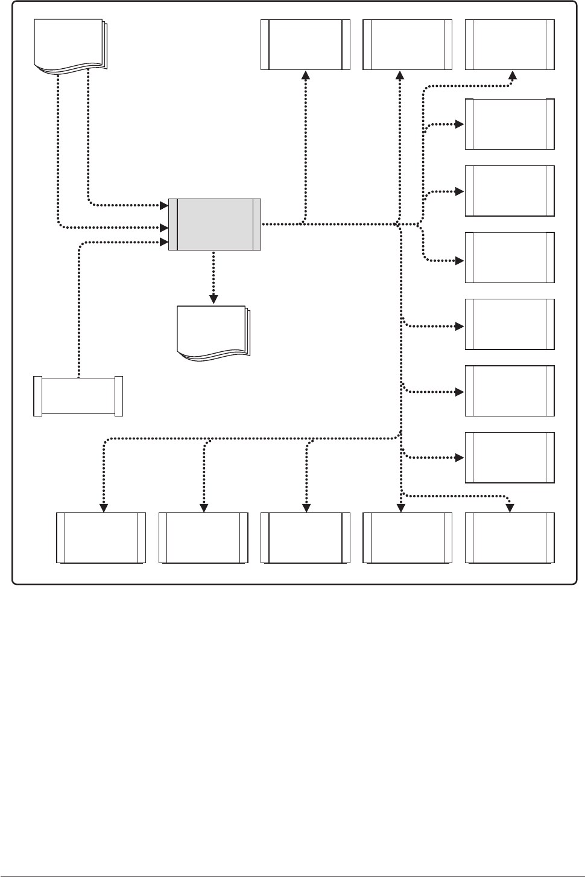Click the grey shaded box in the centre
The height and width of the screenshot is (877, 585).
(215, 224)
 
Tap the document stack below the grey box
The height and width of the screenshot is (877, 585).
(212, 333)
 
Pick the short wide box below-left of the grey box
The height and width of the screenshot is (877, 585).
(78, 396)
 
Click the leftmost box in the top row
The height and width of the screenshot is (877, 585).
(305, 45)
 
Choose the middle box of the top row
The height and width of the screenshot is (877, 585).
(407, 45)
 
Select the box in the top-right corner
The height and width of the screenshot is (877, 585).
(510, 45)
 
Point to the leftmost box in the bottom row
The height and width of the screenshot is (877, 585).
(101, 538)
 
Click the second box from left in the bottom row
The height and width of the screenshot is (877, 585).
(203, 538)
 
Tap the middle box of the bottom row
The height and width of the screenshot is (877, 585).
(305, 538)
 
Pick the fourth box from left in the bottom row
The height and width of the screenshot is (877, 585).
(407, 538)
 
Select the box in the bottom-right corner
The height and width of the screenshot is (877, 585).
(510, 538)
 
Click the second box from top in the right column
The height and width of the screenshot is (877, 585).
(510, 124)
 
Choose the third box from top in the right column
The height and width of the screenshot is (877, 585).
(510, 191)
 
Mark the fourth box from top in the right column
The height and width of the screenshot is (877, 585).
(510, 258)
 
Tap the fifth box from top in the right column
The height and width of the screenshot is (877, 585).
(510, 324)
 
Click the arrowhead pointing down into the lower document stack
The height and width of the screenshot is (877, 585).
(213, 297)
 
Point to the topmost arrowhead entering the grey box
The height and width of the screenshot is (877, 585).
(163, 205)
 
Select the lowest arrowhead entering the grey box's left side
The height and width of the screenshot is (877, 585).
(163, 242)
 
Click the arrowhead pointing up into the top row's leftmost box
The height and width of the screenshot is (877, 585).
(306, 75)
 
